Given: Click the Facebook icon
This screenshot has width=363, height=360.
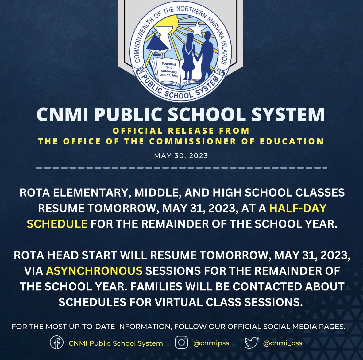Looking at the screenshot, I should pyautogui.click(x=57, y=343).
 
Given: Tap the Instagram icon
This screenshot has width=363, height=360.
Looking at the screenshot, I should pyautogui.click(x=181, y=342).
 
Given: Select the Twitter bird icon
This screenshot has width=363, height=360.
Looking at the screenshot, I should pyautogui.click(x=252, y=343).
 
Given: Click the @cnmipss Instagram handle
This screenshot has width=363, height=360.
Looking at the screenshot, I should pyautogui.click(x=211, y=343).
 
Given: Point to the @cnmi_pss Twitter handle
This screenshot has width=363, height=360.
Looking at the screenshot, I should pyautogui.click(x=283, y=343).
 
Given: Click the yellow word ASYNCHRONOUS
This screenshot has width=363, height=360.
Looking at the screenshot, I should pyautogui.click(x=94, y=271).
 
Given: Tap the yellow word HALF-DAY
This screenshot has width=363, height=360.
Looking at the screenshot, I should pyautogui.click(x=297, y=208).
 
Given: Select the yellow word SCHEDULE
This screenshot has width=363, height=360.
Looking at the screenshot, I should pyautogui.click(x=57, y=224).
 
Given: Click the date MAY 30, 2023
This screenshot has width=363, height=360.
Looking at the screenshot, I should pyautogui.click(x=181, y=156).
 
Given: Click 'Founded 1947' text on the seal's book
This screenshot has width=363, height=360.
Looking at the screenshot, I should pyautogui.click(x=169, y=65).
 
